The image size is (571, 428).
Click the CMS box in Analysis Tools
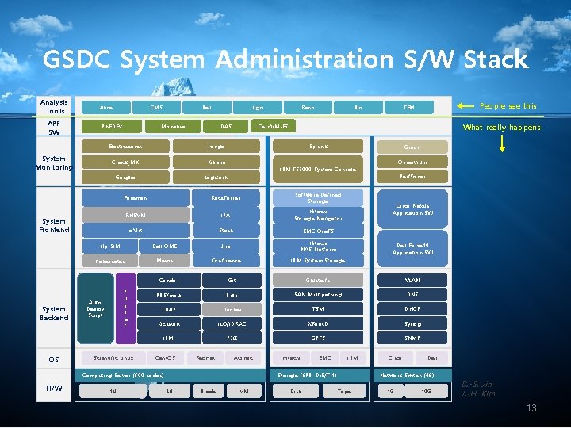(x=156, y=107)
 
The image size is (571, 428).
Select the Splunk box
(x=318, y=147)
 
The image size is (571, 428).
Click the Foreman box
(x=135, y=197)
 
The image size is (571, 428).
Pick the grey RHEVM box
(x=135, y=214)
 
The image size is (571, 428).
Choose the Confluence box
(x=226, y=260)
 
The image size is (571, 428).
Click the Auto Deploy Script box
(x=95, y=308)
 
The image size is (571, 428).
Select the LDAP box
(x=168, y=309)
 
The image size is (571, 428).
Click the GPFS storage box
(x=318, y=338)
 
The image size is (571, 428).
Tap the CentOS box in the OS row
(x=165, y=358)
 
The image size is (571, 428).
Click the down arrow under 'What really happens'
(x=501, y=142)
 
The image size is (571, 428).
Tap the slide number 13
(x=531, y=407)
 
